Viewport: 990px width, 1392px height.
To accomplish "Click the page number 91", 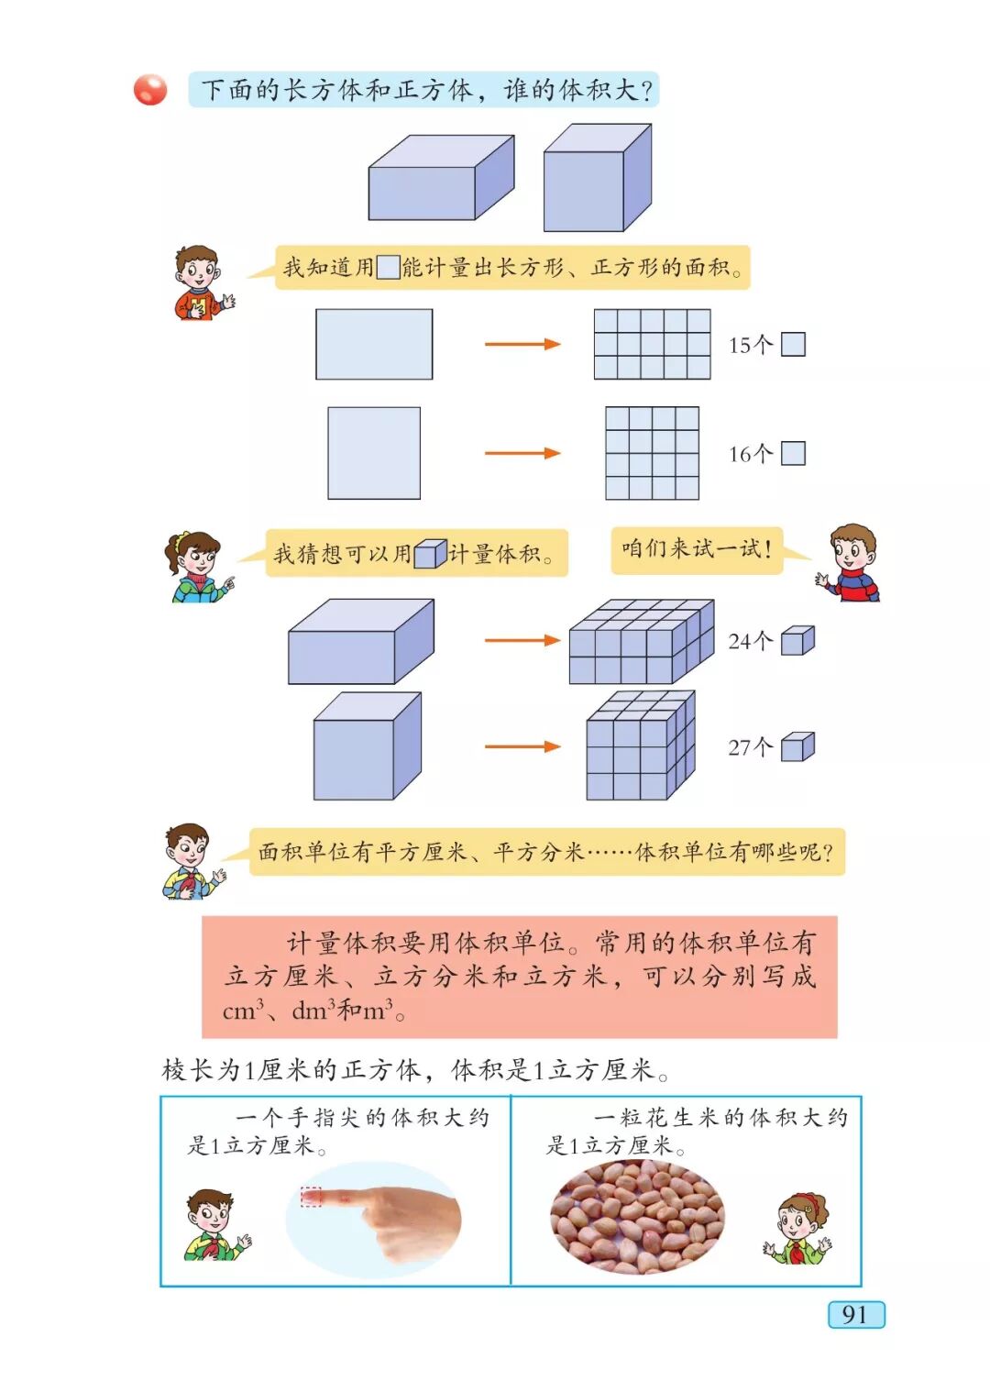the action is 855,1314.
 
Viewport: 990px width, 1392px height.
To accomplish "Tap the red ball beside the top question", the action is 150,90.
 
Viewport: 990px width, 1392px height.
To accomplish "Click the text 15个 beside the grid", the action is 751,345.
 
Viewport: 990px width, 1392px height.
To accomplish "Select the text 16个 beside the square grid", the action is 751,454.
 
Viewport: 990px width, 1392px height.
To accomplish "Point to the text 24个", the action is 751,641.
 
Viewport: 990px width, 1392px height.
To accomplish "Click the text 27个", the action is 751,747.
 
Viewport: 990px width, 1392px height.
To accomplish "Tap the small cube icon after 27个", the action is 797,746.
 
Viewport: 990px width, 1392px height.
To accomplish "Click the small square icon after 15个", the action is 793,344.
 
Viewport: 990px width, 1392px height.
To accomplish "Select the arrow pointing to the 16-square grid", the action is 522,453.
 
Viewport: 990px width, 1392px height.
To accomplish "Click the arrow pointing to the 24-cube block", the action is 522,640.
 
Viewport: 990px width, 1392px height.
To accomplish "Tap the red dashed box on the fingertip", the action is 312,1197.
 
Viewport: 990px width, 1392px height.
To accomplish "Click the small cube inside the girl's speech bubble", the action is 429,554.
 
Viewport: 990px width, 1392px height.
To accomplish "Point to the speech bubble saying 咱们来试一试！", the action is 697,549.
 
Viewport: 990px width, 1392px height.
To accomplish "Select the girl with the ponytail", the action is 196,567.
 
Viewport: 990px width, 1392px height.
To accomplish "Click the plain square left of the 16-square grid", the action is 374,453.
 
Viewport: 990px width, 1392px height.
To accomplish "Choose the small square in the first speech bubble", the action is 388,267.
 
